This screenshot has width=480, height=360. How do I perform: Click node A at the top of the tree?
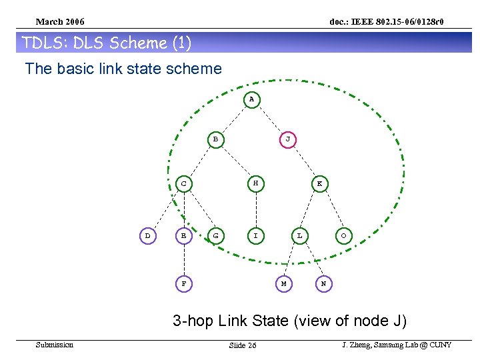pos(251,99)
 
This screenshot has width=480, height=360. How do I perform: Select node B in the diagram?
pos(215,139)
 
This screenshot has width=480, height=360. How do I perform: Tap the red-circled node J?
pos(287,139)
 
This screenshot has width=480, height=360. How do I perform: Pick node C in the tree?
pos(183,183)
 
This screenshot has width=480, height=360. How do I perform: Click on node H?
pos(255,183)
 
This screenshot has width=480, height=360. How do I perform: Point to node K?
pos(319,183)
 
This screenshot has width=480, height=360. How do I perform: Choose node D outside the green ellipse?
pos(147,235)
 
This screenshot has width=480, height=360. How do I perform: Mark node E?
pos(183,235)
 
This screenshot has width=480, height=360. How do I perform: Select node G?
pos(215,235)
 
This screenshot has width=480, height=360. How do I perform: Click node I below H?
pos(255,235)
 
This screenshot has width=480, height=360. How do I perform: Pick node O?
pos(343,235)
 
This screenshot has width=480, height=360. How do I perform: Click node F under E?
pos(183,283)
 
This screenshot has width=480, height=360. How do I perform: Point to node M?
pos(283,283)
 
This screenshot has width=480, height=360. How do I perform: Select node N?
pos(323,283)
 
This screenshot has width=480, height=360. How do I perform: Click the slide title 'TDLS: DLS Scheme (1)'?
pos(107,43)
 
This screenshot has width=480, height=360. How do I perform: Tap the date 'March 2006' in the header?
pos(60,23)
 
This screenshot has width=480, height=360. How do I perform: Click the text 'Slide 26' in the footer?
pos(242,345)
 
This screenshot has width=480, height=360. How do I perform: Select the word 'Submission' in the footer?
pos(55,345)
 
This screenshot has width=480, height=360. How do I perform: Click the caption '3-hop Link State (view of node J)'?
pos(289,321)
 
